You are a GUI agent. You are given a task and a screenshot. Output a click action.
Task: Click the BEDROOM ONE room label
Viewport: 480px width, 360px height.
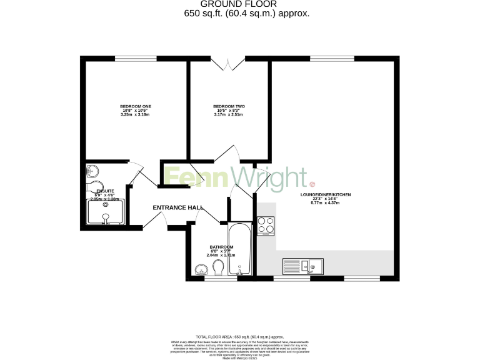tap(136, 106)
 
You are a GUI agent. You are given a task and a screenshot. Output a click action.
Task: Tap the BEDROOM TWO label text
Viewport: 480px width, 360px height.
tap(227, 106)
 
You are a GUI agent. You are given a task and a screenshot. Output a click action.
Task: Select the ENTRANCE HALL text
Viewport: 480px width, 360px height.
tap(177, 207)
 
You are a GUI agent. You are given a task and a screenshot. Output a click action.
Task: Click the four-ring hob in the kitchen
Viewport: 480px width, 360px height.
tap(266, 225)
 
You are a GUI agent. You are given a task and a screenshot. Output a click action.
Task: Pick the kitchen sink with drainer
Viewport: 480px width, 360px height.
tap(302, 267)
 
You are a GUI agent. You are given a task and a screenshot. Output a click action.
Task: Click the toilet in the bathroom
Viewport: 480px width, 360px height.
tap(218, 268)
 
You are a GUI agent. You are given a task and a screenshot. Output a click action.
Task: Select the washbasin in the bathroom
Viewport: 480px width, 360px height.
tap(201, 270)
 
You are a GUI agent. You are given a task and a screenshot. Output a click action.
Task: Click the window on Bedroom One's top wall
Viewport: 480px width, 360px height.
tap(136, 59)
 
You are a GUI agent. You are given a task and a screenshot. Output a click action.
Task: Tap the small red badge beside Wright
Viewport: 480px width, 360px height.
tap(312, 184)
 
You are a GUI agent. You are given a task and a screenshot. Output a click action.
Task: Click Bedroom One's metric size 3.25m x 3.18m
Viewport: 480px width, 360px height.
tap(136, 114)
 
